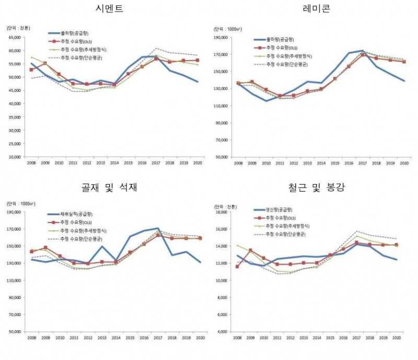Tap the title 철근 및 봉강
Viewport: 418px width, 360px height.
click(319, 187)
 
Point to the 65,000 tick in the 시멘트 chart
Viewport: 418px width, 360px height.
click(15, 38)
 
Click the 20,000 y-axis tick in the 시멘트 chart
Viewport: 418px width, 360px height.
click(15, 157)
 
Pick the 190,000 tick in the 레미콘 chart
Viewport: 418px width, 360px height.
click(222, 38)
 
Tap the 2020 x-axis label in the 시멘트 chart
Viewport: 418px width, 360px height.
click(197, 164)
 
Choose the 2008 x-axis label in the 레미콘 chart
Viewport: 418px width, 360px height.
click(238, 164)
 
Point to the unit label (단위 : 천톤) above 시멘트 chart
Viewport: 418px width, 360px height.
click(18, 27)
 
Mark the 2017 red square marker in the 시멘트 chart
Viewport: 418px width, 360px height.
click(156, 59)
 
